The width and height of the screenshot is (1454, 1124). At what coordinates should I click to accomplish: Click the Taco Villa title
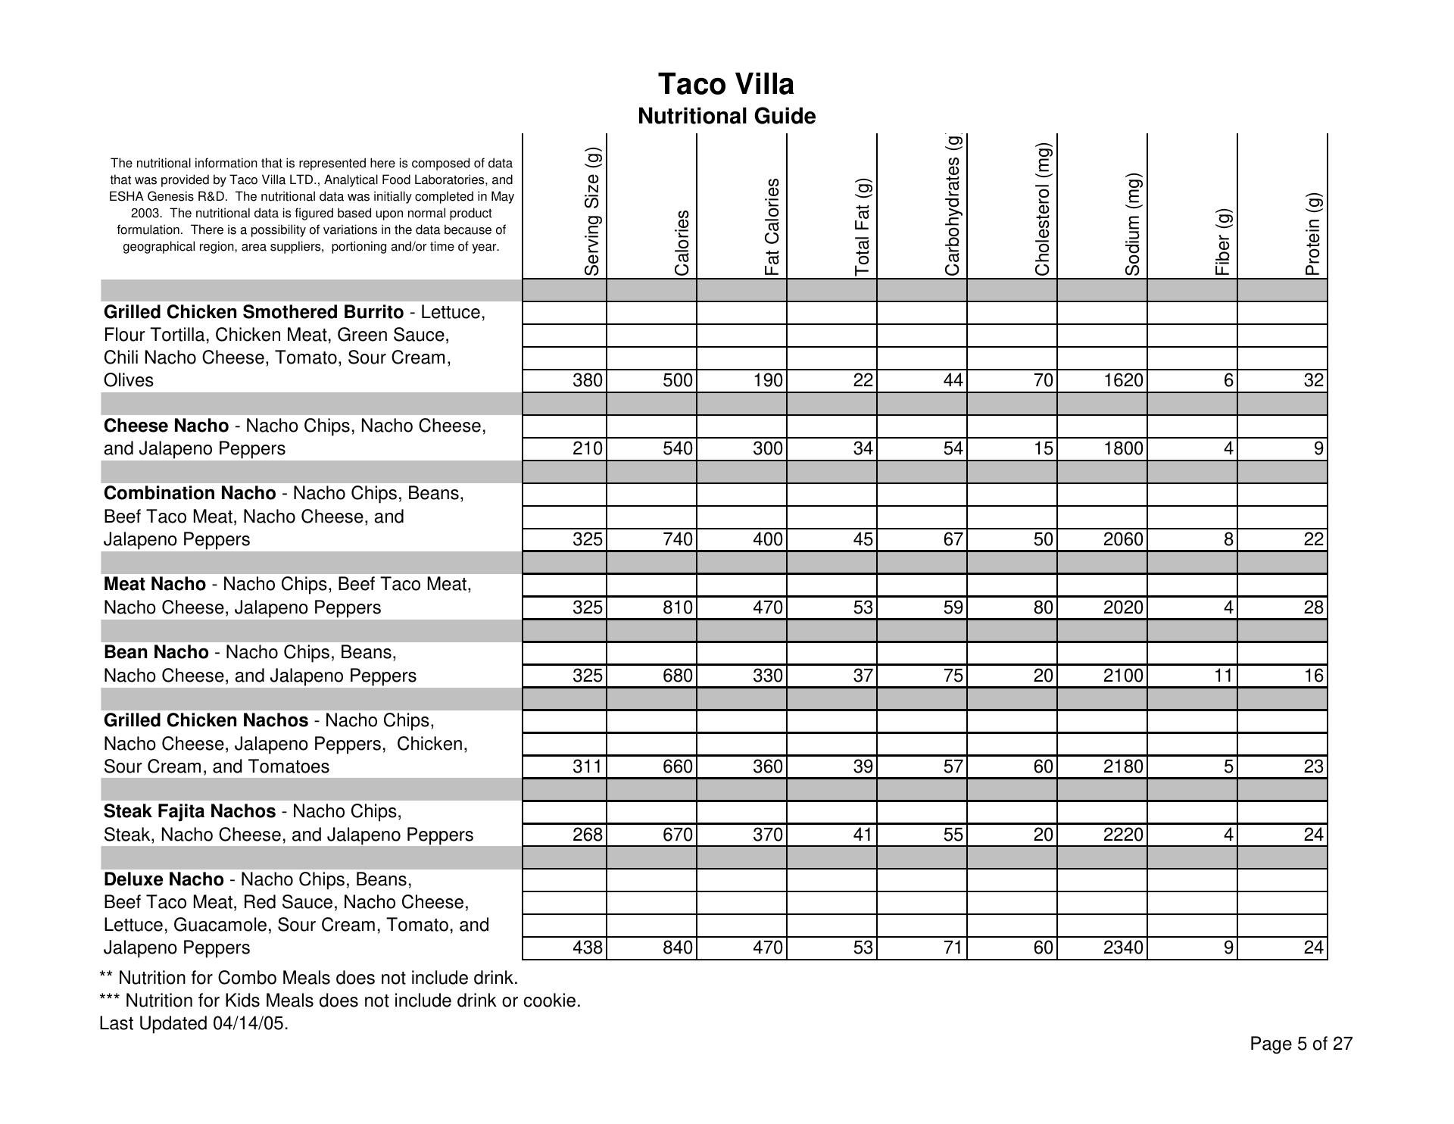pyautogui.click(x=725, y=84)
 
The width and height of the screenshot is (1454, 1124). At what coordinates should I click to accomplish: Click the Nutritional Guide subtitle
pyautogui.click(x=726, y=117)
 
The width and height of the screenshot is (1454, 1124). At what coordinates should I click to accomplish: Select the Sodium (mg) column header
pyautogui.click(x=1133, y=224)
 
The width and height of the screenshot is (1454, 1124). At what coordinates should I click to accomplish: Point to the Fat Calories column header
pyautogui.click(x=772, y=226)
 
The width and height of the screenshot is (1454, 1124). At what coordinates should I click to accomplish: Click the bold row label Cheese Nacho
pyautogui.click(x=166, y=426)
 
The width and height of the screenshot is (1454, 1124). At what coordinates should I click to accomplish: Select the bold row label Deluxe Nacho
pyautogui.click(x=164, y=879)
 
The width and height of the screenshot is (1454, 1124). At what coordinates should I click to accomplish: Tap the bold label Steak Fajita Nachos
pyautogui.click(x=189, y=811)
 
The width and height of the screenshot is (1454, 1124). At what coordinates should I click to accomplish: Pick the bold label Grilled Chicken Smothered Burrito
pyautogui.click(x=253, y=312)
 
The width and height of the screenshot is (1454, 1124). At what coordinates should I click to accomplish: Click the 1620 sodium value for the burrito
pyautogui.click(x=1123, y=380)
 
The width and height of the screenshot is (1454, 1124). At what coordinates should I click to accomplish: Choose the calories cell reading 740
pyautogui.click(x=677, y=539)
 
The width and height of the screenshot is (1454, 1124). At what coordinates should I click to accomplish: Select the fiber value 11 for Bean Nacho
pyautogui.click(x=1223, y=676)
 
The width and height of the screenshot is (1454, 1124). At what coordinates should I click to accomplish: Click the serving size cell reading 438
pyautogui.click(x=588, y=948)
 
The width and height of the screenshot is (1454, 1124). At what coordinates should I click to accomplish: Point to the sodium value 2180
pyautogui.click(x=1123, y=767)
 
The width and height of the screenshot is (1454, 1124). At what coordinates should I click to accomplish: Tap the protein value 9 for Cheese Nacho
pyautogui.click(x=1318, y=448)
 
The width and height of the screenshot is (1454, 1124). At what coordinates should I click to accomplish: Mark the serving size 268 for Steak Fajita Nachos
pyautogui.click(x=588, y=835)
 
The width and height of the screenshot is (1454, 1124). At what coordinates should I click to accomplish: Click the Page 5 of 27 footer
pyautogui.click(x=1300, y=1044)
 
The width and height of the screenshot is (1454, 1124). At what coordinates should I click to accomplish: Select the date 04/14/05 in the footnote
pyautogui.click(x=250, y=1024)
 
